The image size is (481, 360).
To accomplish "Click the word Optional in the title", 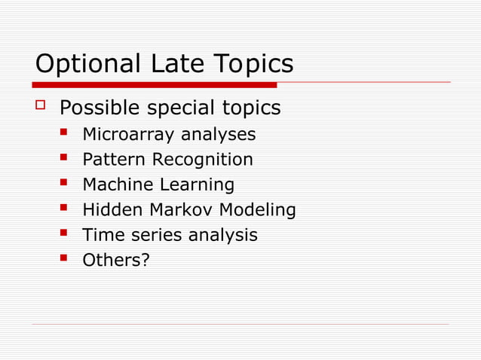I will (82, 65).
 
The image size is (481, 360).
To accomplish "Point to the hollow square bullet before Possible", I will (41, 106).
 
